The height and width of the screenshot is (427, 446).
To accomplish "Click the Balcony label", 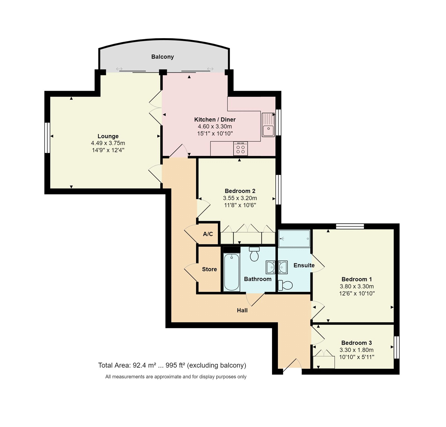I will coord(163,57).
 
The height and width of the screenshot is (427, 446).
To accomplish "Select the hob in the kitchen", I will coord(240,148).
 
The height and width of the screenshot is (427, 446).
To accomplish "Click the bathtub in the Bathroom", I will coord(231,272).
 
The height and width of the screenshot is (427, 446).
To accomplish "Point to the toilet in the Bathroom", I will coord(254,254).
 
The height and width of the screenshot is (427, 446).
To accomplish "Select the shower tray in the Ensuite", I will coord(294,239).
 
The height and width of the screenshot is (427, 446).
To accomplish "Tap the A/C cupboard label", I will coord(208,234).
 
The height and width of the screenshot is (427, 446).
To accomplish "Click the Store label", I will coord(209,269).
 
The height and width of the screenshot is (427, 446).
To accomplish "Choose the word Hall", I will coord(242,310).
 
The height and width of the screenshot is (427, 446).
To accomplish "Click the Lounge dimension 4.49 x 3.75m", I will coord(108,143).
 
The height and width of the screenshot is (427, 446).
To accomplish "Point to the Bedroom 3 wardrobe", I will coord(324,361).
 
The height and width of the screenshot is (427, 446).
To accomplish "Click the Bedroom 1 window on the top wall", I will coord(350,226).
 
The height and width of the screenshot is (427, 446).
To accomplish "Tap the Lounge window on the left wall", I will coord(47,138).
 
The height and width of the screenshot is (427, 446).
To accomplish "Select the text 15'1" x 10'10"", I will coord(215,134).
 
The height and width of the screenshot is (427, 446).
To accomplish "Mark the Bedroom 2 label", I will coord(240,191).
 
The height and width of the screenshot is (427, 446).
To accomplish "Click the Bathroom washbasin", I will coord(270,267).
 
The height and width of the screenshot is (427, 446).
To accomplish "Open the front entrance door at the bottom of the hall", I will coord(292,365).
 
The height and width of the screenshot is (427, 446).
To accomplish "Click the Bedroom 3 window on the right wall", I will coord(396,347).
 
